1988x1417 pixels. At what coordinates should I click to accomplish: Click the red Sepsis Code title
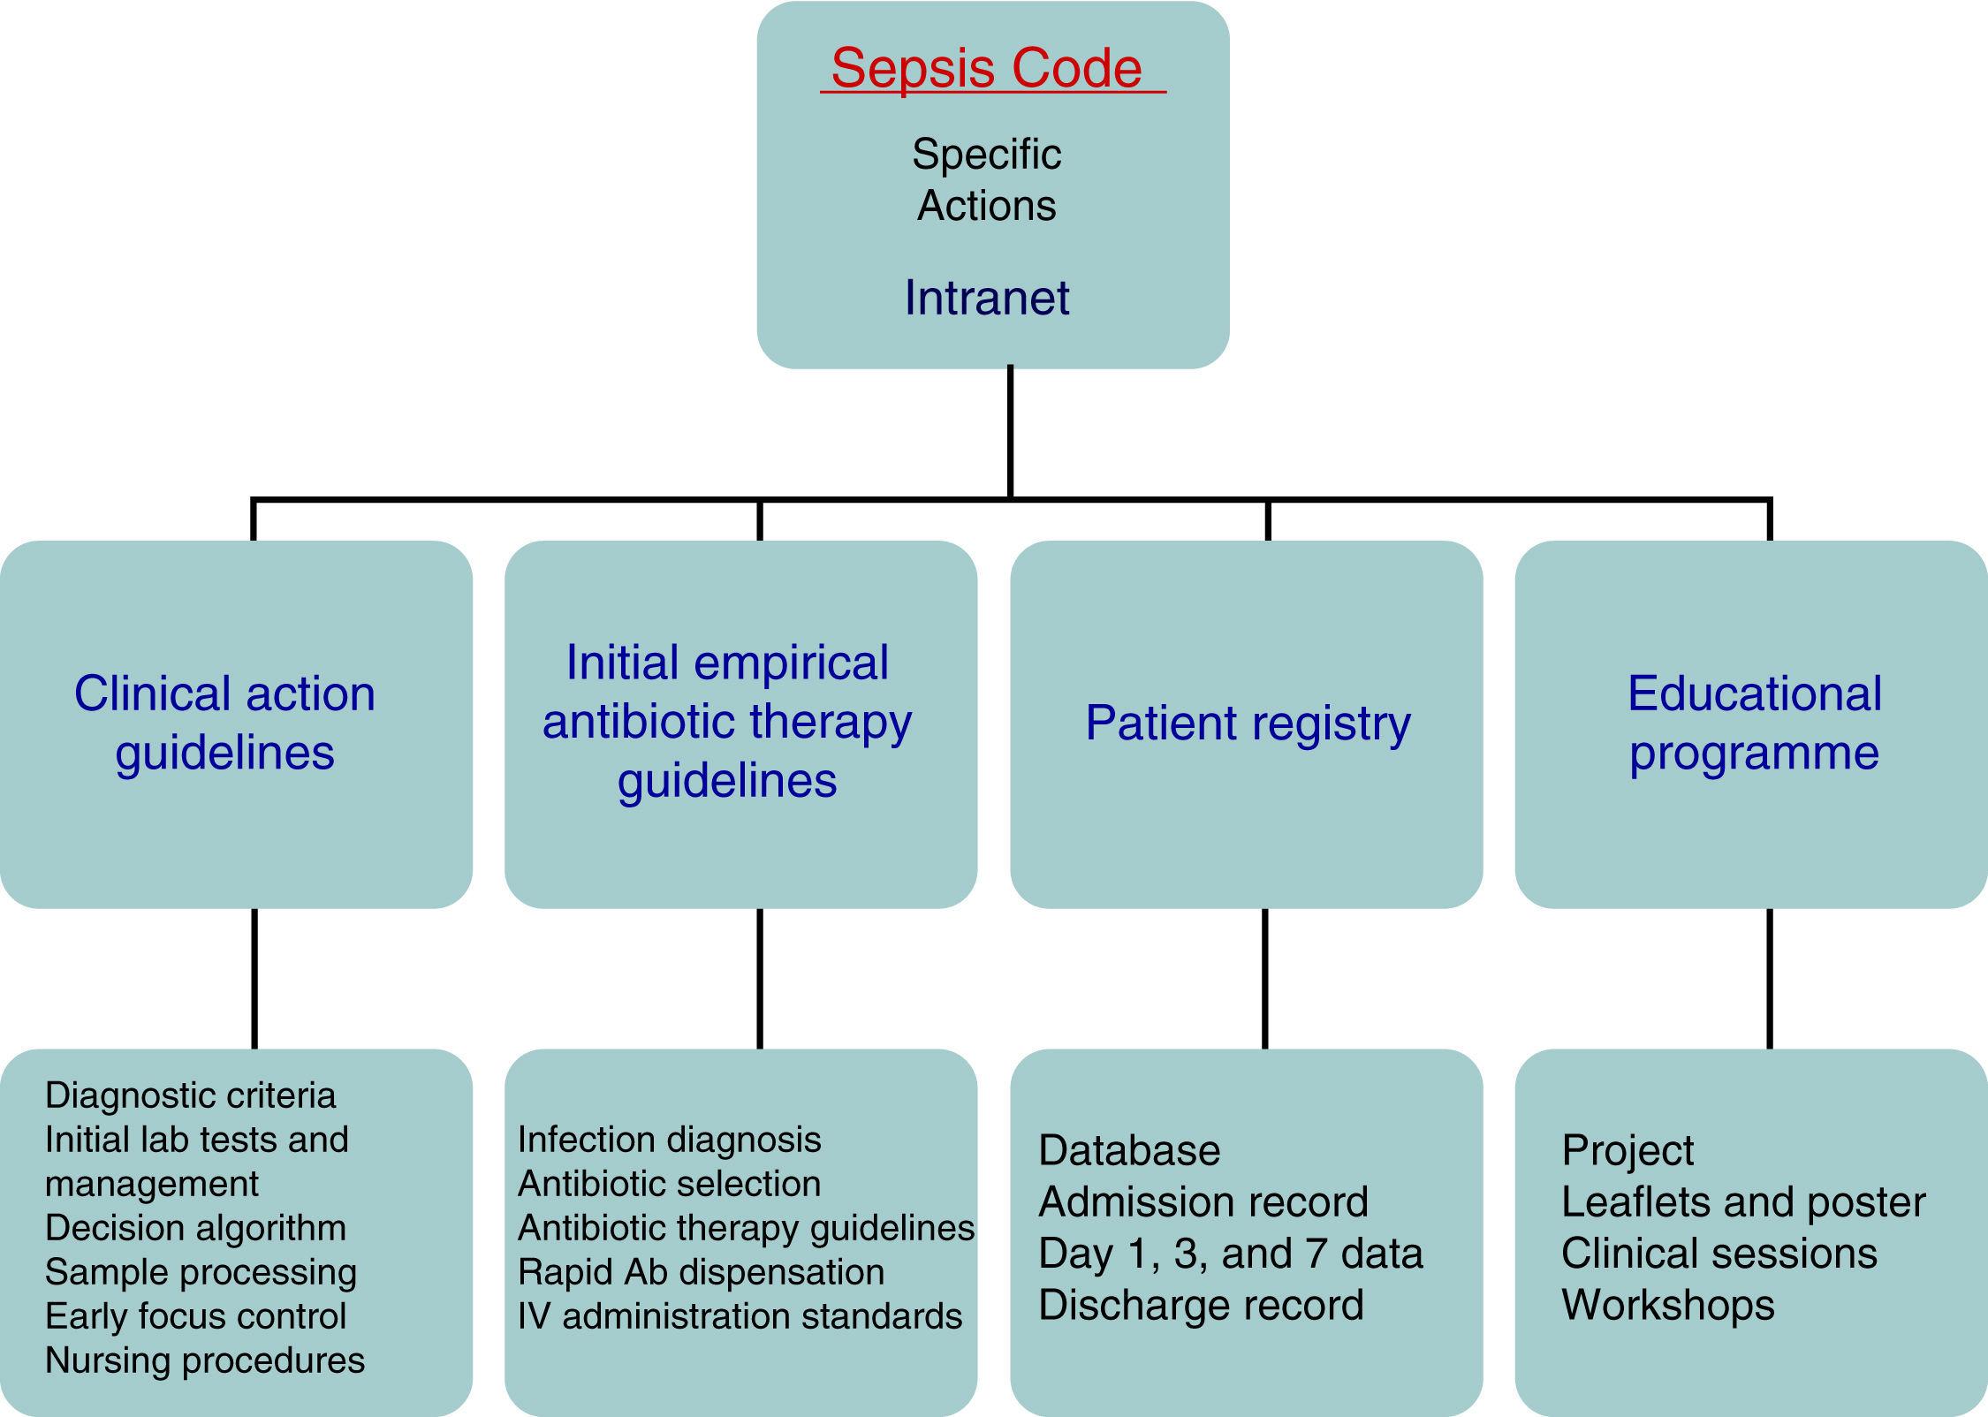(x=987, y=68)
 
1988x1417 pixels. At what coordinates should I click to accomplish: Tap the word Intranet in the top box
(x=987, y=298)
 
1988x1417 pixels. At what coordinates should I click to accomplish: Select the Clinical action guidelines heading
(x=225, y=723)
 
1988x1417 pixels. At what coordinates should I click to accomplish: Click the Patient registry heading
(x=1248, y=724)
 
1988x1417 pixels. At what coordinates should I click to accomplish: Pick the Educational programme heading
(x=1754, y=723)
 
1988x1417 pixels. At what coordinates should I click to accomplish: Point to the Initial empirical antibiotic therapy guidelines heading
(x=726, y=721)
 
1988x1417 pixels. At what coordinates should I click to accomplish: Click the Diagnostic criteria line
(x=190, y=1095)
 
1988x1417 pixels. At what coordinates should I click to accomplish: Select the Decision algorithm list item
(x=195, y=1228)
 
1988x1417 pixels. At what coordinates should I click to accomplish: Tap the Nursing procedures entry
(x=204, y=1360)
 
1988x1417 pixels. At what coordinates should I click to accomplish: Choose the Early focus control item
(x=195, y=1316)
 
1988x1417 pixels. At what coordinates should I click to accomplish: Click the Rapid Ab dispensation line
(x=701, y=1272)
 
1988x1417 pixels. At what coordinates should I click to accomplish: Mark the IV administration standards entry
(x=740, y=1316)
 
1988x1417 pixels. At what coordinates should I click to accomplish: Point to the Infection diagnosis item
(x=669, y=1140)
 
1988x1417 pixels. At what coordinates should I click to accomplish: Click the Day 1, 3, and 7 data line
(x=1230, y=1254)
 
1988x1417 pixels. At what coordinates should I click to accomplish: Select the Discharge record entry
(x=1201, y=1305)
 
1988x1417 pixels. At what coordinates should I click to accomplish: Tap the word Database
(x=1129, y=1150)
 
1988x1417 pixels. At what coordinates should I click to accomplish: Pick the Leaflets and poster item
(x=1743, y=1202)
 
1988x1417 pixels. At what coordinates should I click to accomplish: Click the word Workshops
(x=1668, y=1305)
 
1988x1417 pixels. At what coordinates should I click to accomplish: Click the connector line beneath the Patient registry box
(x=1264, y=978)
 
